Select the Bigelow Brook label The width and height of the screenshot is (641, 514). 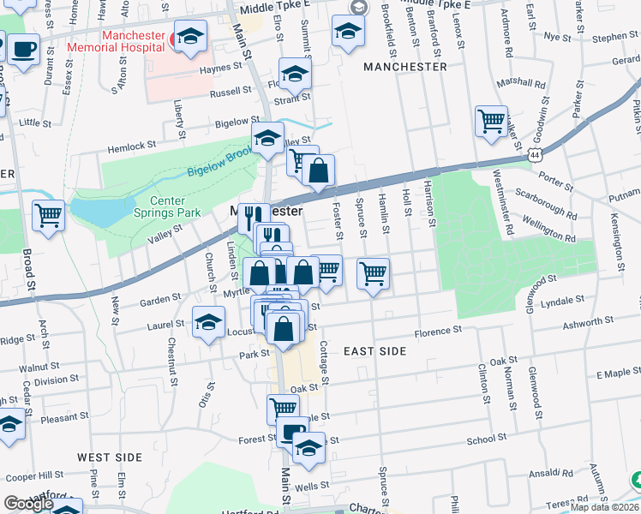(x=221, y=164)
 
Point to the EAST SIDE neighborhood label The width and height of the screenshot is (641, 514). (x=374, y=351)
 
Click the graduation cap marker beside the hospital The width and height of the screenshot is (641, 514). (x=191, y=36)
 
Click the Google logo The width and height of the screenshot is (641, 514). (x=28, y=503)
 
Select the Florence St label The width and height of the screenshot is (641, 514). (x=438, y=330)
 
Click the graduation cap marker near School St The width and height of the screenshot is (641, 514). (x=308, y=447)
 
